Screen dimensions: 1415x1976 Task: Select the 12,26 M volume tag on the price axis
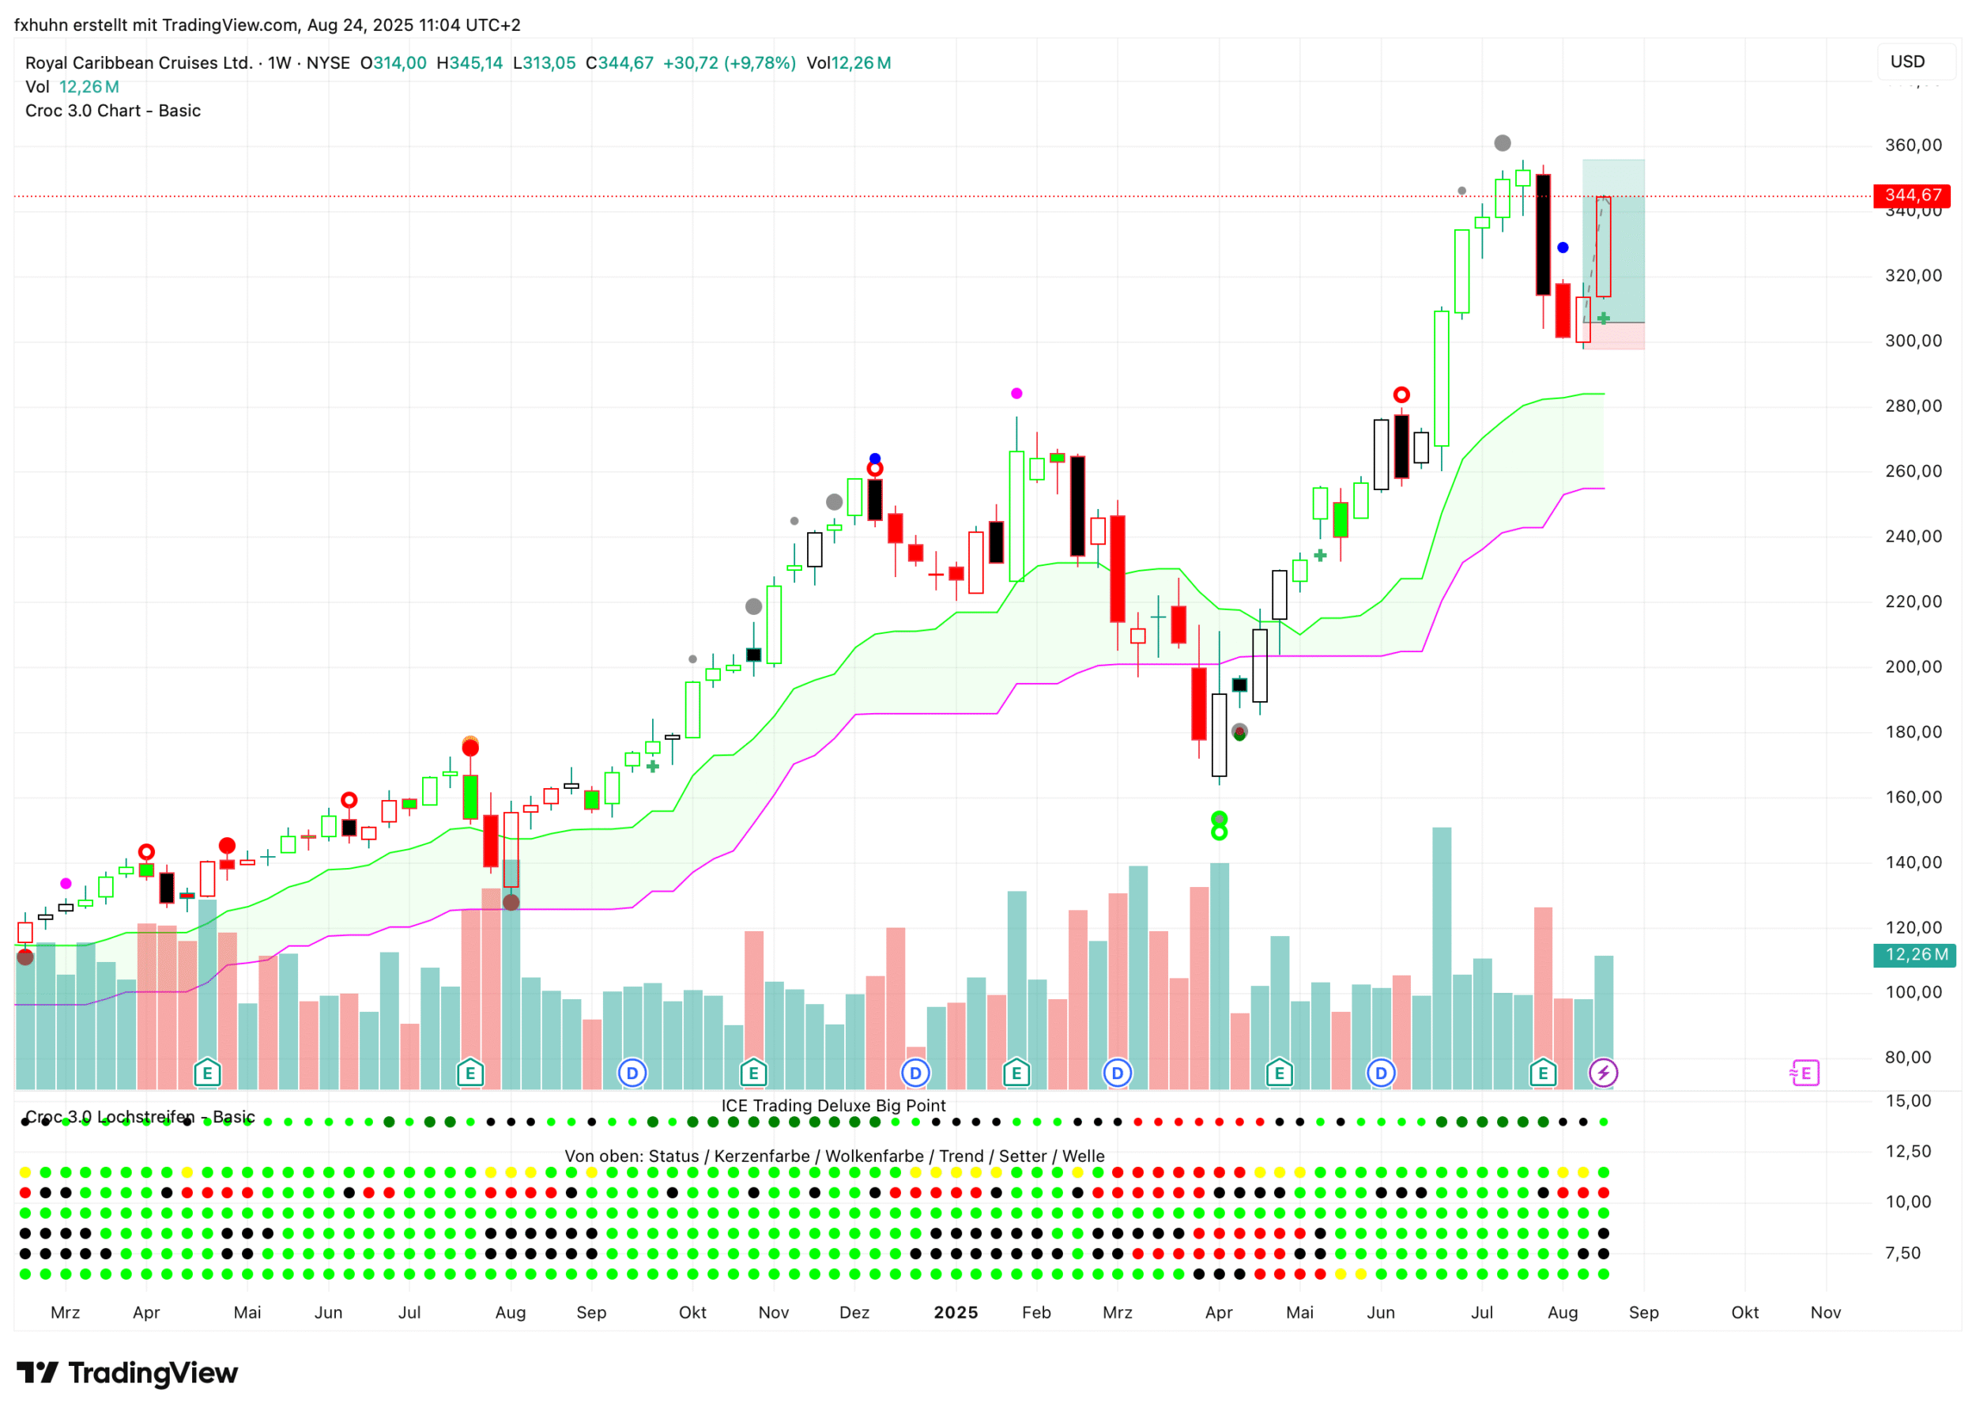(1915, 955)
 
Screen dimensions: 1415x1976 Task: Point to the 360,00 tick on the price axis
(1913, 145)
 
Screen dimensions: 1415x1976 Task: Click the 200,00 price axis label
(1913, 667)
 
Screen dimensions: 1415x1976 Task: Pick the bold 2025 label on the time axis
(956, 1312)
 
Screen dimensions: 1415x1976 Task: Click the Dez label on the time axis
(854, 1312)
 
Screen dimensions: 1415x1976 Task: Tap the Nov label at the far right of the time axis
(1825, 1312)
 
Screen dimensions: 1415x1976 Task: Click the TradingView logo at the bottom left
(127, 1373)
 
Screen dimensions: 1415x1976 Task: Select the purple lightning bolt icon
(1603, 1073)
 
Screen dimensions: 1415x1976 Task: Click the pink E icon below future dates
(1804, 1073)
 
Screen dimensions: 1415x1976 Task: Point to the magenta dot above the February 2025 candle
(1016, 394)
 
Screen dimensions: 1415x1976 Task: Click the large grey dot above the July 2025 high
(1503, 143)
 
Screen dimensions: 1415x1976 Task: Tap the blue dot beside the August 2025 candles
(1563, 248)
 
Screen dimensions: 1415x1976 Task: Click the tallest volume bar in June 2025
(1442, 958)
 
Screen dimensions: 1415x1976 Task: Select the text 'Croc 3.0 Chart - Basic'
(113, 111)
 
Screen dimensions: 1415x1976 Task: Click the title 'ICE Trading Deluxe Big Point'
(833, 1106)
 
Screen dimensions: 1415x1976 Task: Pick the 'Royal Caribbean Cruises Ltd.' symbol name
(138, 62)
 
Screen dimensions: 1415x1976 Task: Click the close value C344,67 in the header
(619, 62)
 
